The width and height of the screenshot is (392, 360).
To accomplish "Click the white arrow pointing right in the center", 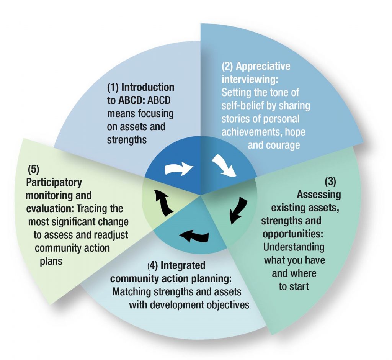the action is [x=179, y=169].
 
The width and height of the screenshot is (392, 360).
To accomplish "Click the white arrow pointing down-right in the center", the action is [x=224, y=165].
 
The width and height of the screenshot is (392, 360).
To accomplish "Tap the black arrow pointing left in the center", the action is [x=194, y=236].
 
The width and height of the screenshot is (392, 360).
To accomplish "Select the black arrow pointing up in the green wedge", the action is [x=164, y=203].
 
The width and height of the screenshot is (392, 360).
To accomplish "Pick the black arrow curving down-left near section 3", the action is [x=239, y=211].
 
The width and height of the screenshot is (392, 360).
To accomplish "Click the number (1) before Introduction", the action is [x=113, y=87].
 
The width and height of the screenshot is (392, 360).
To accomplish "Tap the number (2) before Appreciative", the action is [x=227, y=66].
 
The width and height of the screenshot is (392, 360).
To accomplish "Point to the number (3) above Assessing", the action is [x=330, y=182].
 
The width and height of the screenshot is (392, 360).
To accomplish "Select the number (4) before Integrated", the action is [x=153, y=265].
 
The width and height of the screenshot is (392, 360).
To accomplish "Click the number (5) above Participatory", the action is [x=34, y=169].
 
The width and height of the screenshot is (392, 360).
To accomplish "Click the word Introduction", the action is [x=148, y=87].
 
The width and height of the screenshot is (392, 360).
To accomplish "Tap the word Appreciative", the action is [x=263, y=66].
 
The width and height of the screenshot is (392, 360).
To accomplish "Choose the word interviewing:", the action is [x=250, y=79].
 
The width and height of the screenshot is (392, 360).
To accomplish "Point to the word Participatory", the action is [x=54, y=182].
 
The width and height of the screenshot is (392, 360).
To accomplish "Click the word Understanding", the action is [x=294, y=247].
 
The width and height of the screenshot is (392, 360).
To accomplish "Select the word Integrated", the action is [x=183, y=265].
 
